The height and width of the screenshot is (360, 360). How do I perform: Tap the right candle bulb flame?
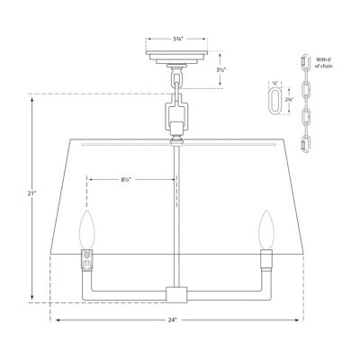(x=266, y=227)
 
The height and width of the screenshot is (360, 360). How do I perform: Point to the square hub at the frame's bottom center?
(x=176, y=294)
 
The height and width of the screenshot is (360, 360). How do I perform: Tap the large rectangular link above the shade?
(x=176, y=115)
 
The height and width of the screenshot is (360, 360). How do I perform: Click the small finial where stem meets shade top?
(x=176, y=139)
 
